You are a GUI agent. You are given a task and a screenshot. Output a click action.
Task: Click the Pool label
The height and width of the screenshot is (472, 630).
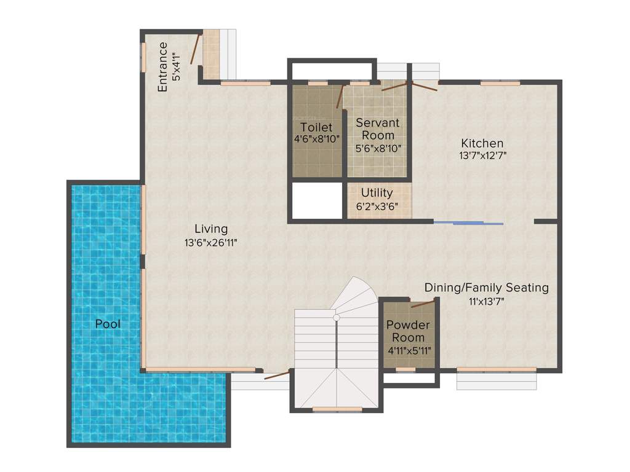(108, 323)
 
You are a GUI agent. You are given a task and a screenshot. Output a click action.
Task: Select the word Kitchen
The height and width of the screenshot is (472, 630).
(483, 143)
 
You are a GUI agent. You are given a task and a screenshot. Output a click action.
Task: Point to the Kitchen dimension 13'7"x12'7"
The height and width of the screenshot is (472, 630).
(483, 156)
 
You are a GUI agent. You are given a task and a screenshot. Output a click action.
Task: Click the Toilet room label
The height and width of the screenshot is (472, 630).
(316, 127)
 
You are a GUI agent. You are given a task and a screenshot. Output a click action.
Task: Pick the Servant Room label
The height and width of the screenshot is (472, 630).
(378, 128)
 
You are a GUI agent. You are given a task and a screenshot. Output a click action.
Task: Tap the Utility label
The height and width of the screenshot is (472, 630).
(377, 193)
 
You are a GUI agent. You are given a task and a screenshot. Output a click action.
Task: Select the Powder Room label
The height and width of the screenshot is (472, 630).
(408, 331)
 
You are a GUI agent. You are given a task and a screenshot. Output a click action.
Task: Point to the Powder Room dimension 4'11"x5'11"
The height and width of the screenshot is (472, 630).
(409, 350)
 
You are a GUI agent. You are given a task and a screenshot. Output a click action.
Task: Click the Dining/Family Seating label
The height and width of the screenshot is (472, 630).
(487, 288)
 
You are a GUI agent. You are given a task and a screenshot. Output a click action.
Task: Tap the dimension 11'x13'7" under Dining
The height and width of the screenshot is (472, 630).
(487, 301)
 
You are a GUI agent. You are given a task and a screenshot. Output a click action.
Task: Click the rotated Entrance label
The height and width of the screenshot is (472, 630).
(162, 66)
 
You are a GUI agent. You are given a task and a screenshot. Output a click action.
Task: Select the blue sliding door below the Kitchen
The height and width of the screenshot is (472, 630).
(469, 222)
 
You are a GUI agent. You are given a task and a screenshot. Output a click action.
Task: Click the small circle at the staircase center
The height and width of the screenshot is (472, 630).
(337, 318)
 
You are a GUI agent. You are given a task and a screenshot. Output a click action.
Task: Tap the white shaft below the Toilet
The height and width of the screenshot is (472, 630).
(316, 200)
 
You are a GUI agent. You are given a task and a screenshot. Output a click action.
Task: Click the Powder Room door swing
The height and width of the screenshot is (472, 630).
(423, 302)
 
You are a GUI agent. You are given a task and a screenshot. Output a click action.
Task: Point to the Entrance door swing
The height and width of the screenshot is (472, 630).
(194, 49)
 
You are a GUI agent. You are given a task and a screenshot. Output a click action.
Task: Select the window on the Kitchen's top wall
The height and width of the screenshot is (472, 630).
(500, 83)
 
